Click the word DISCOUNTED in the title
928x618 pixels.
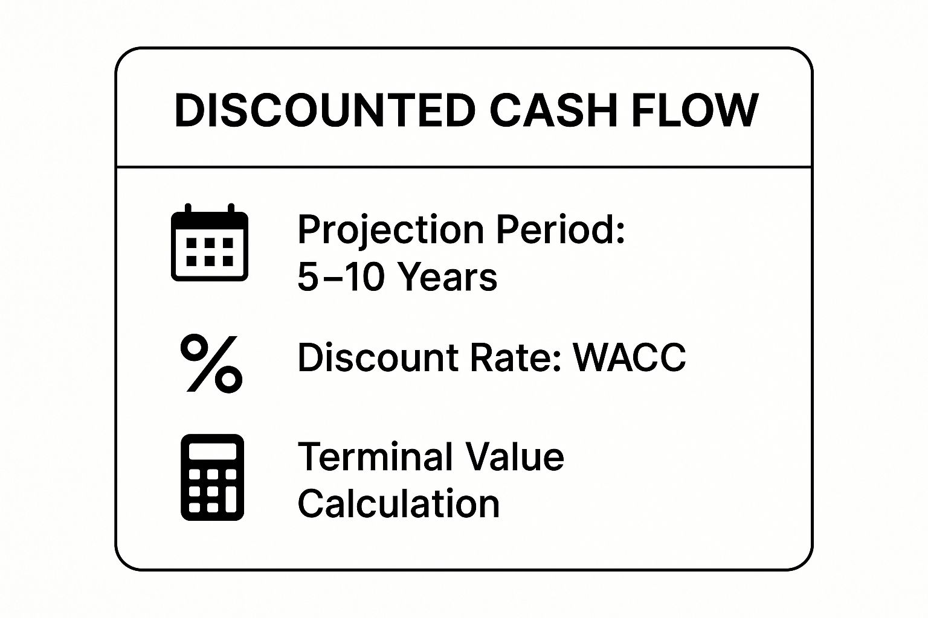[325, 110]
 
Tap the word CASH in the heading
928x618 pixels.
[553, 110]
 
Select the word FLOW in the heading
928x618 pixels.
[695, 110]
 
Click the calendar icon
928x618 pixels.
[210, 243]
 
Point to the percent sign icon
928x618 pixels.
[211, 363]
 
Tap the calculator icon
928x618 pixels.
[212, 477]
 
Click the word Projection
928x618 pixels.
[391, 231]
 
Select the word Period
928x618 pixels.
[561, 229]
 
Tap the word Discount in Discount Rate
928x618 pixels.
[378, 357]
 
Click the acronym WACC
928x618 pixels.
[630, 357]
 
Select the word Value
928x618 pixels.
[514, 457]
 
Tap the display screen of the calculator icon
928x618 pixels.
[212, 451]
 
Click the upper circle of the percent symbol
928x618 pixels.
[194, 348]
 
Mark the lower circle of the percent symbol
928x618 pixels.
[229, 379]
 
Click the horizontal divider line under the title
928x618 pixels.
[463, 167]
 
